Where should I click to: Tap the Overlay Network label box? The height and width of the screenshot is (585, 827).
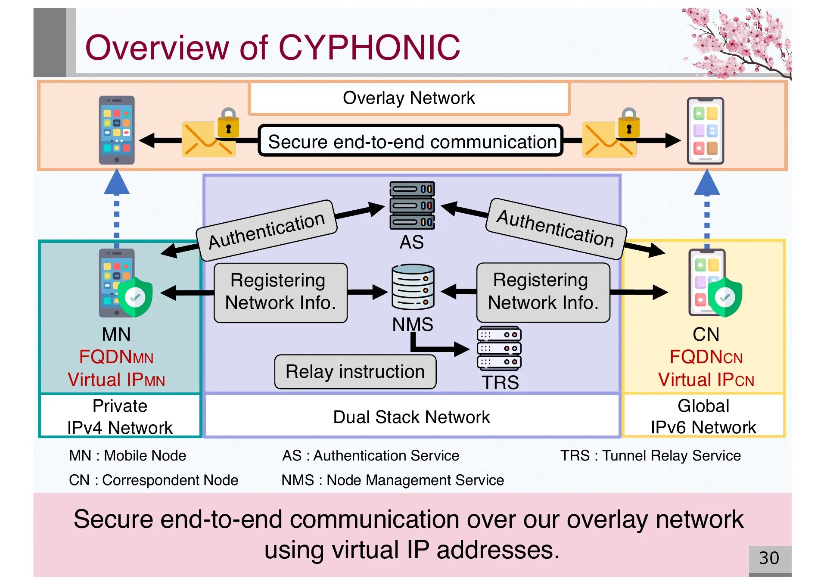pos(409,98)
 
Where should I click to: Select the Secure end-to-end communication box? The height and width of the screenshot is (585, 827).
pos(411,141)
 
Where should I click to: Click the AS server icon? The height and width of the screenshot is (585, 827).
pos(412,205)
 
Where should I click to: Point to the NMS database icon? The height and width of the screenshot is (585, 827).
pos(413,287)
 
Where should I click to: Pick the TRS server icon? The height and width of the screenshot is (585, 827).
pos(499,348)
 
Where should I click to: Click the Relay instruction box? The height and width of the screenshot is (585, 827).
pos(355,372)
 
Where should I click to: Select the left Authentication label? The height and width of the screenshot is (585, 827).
pos(267,230)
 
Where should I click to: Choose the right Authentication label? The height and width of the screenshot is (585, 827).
pos(556,228)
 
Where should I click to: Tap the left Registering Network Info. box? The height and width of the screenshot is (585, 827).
pos(280,292)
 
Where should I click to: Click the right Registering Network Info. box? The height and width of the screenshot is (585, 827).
pos(543,292)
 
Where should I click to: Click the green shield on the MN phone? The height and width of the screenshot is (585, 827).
pos(135,297)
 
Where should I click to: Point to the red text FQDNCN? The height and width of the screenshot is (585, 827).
pos(706,357)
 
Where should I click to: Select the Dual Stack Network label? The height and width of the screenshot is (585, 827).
pos(411,417)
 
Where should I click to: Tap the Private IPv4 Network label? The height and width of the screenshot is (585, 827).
pos(120,417)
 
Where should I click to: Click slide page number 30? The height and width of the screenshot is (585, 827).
pos(769,558)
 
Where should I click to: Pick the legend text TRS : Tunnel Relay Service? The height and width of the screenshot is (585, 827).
pos(650,456)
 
